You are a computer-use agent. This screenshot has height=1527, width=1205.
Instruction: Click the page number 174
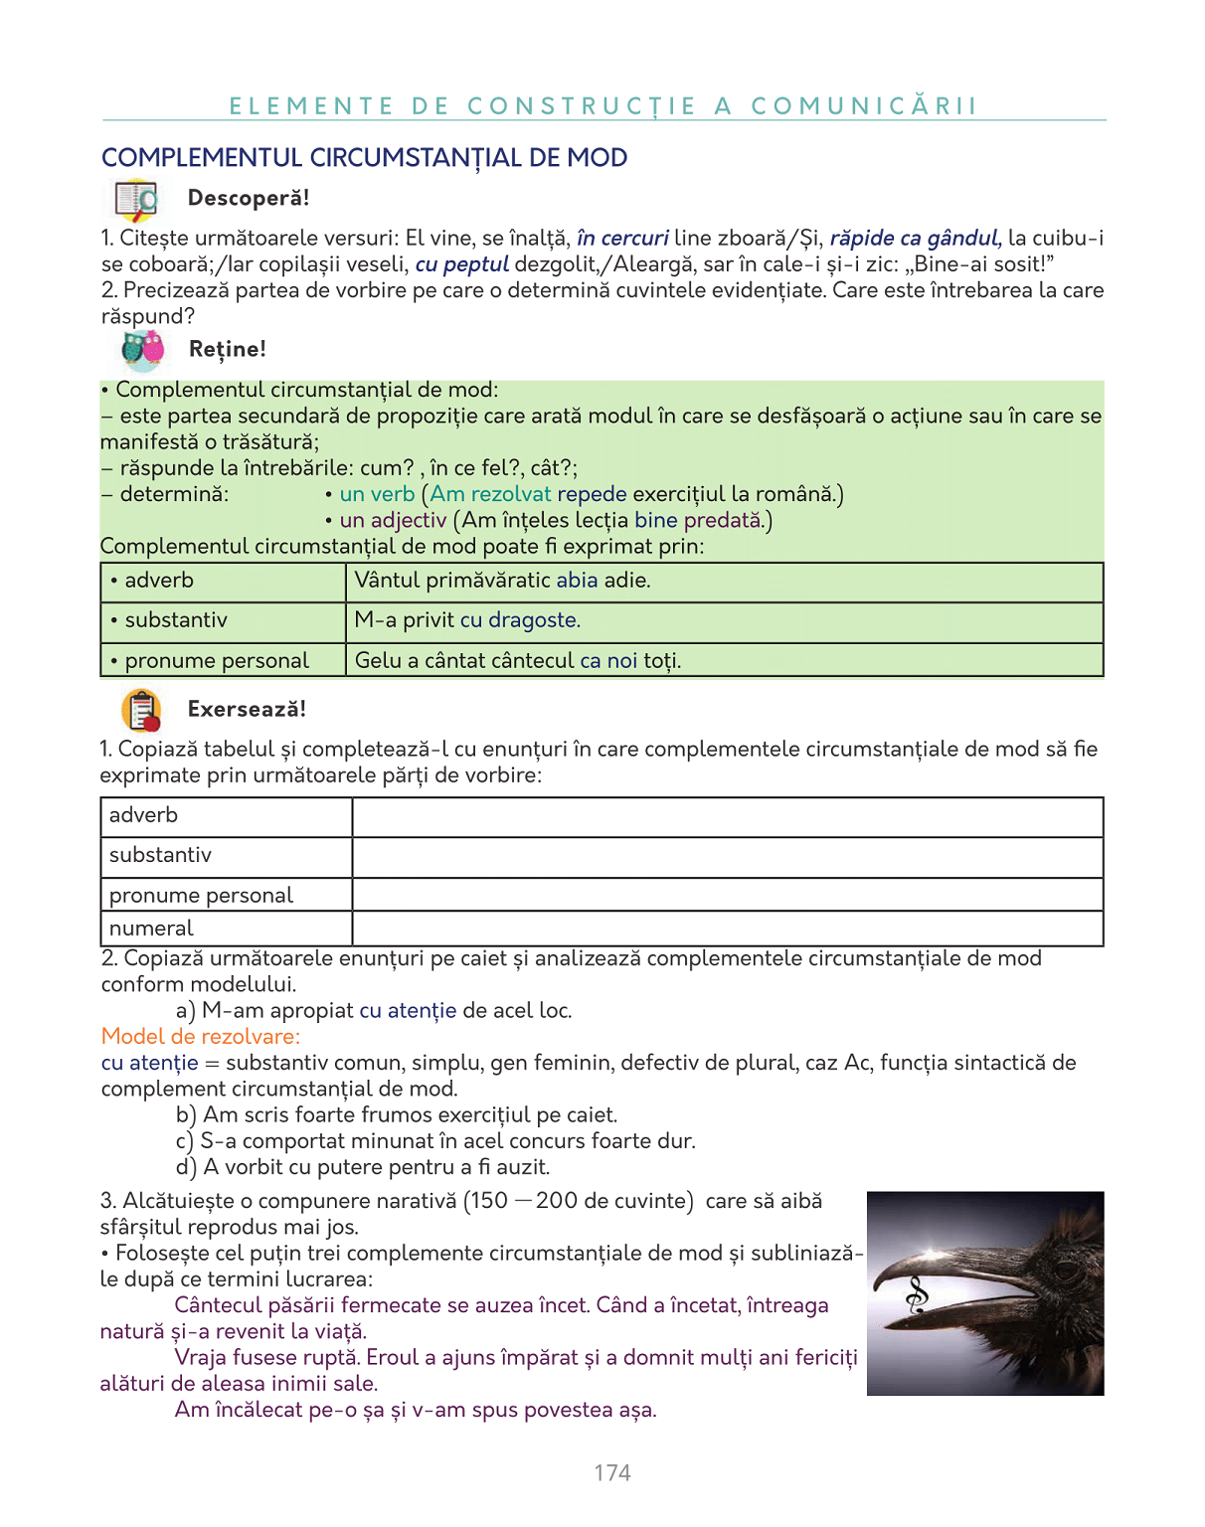tap(612, 1472)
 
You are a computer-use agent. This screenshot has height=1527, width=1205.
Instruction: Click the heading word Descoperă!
tap(249, 198)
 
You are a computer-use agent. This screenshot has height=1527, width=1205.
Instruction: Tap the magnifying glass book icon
tap(136, 200)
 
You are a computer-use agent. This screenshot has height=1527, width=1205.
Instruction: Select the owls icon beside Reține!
tap(143, 350)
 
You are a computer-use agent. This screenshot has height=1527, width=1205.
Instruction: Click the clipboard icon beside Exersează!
tap(141, 711)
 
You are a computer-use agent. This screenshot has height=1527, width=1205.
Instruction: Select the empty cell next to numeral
tap(727, 929)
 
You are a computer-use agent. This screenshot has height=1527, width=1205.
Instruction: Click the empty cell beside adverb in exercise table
tap(727, 816)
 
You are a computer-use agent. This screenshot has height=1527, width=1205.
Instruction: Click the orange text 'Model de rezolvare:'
tap(200, 1036)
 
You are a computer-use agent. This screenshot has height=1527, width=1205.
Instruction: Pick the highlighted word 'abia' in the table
tap(577, 580)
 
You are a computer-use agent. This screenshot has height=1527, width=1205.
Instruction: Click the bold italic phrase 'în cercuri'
tap(622, 238)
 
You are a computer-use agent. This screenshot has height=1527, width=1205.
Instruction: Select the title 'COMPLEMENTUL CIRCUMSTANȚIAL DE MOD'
tap(364, 158)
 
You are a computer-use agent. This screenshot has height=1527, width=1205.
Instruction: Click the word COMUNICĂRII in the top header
tap(864, 106)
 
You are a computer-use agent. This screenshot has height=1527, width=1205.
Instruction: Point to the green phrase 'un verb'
tap(377, 494)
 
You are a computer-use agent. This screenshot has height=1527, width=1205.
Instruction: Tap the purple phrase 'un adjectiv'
tap(393, 520)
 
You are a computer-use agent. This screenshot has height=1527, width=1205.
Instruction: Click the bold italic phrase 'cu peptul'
tap(462, 263)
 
